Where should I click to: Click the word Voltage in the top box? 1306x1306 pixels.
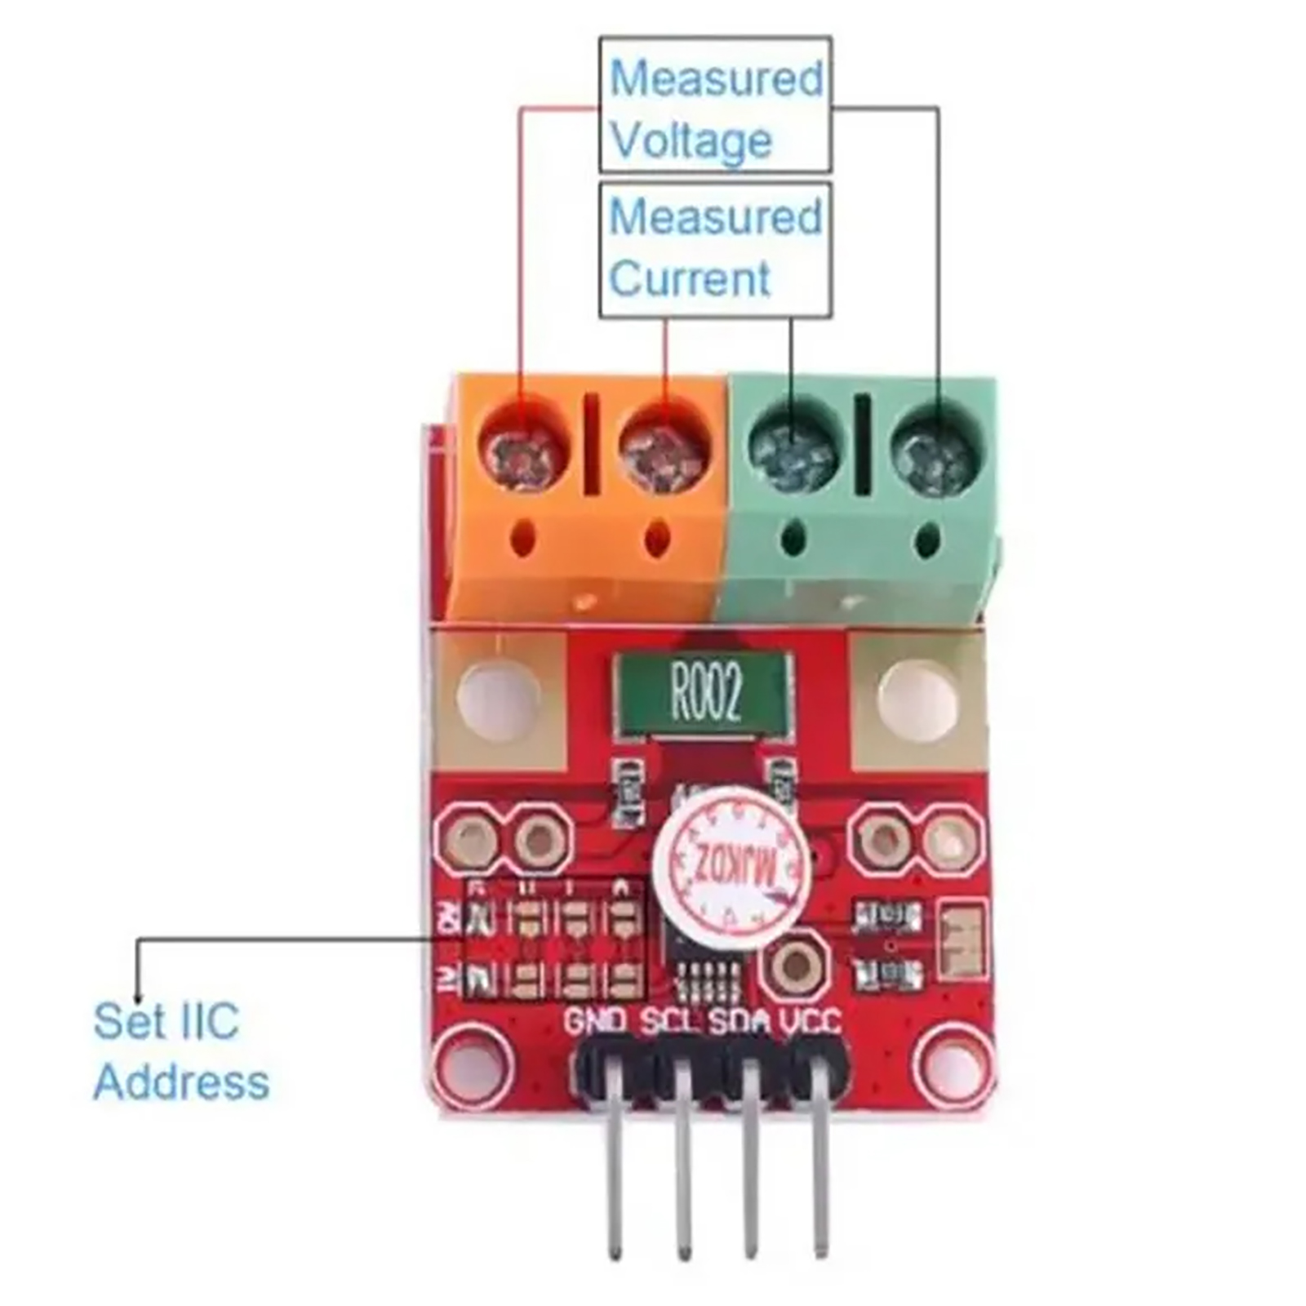click(x=691, y=141)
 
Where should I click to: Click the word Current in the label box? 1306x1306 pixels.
click(x=689, y=278)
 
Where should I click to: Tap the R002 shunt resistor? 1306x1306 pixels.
click(x=704, y=693)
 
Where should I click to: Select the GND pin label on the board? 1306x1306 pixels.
click(x=595, y=1021)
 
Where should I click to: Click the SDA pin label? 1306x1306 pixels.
click(x=740, y=1021)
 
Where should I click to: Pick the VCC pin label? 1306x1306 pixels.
click(x=810, y=1021)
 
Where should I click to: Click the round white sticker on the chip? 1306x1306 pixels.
click(x=732, y=868)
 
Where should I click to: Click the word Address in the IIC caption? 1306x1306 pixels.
click(x=181, y=1082)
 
